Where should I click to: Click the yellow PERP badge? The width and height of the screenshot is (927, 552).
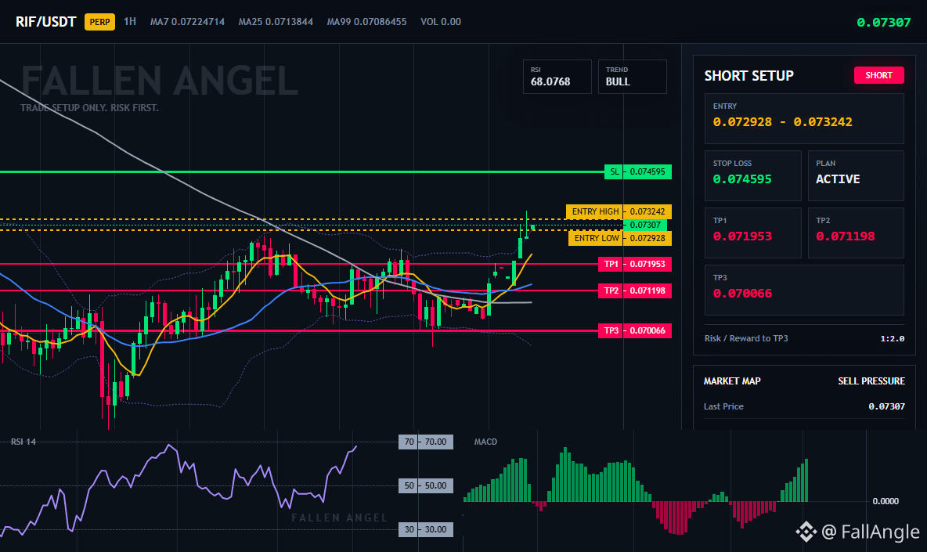100,22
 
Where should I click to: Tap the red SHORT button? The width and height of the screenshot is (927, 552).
878,75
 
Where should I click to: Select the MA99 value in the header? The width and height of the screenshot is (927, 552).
366,22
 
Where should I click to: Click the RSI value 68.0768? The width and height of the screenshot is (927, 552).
550,82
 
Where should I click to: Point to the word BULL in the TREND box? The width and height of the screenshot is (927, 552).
618,82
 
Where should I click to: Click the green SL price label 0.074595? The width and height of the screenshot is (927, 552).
638,172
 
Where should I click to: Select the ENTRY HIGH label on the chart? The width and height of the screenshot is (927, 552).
619,211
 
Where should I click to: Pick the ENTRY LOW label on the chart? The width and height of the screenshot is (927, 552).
620,238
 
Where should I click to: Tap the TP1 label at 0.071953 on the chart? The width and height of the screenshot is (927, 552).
634,264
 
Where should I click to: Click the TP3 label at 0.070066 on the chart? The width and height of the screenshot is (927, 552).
634,330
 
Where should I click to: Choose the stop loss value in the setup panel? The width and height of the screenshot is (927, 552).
742,179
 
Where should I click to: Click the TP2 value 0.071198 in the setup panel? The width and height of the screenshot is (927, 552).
846,236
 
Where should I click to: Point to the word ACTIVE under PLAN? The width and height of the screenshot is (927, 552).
838,179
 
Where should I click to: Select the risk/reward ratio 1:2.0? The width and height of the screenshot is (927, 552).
892,339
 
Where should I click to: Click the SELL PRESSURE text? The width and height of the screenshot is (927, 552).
871,381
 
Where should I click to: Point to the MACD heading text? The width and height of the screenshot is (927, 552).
485,442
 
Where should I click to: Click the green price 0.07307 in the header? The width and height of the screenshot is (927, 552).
884,23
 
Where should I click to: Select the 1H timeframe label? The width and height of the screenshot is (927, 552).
129,22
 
